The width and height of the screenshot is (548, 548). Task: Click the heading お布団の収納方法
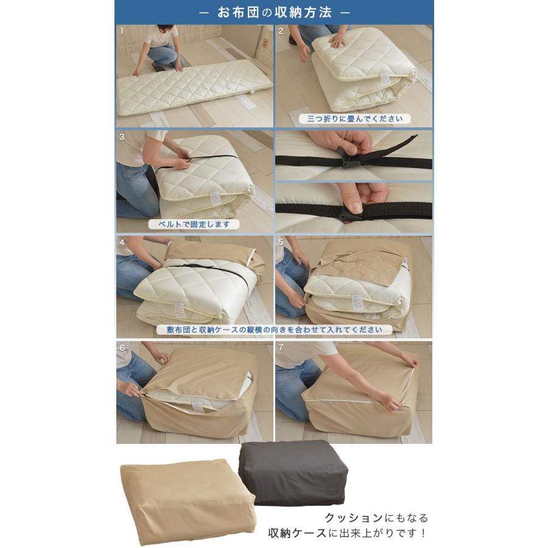[x=274, y=12]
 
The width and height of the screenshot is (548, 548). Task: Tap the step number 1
[x=122, y=30]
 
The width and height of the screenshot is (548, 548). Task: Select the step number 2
[x=281, y=30]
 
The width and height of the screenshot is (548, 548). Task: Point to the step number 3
[x=122, y=136]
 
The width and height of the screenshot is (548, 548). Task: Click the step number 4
[x=122, y=242]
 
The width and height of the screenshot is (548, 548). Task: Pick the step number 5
[x=281, y=242]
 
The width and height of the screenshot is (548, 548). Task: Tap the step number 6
[x=122, y=348]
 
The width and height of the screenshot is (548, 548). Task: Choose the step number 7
[x=281, y=348]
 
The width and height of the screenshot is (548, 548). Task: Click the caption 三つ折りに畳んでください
[x=350, y=119]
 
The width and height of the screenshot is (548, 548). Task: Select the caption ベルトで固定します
[x=193, y=224]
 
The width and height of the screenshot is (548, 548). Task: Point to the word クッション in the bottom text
[x=354, y=518]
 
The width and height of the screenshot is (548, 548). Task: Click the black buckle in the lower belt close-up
[x=352, y=214]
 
